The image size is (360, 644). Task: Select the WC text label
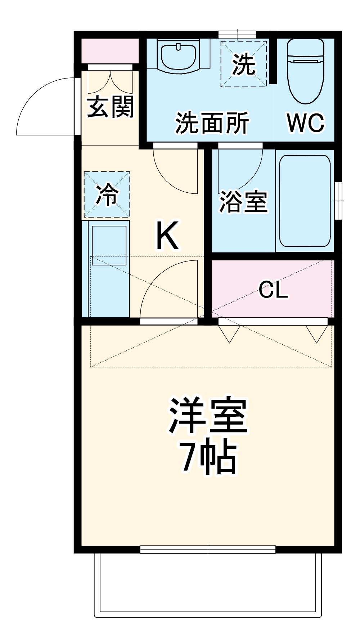pyautogui.click(x=306, y=123)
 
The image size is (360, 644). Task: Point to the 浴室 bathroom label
pyautogui.click(x=243, y=202)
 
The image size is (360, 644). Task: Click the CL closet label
pyautogui.click(x=274, y=290)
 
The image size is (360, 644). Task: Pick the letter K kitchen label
pyautogui.click(x=167, y=236)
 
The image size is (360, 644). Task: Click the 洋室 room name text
pyautogui.click(x=208, y=416)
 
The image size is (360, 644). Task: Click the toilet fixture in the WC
pyautogui.click(x=306, y=70)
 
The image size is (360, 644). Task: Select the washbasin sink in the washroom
pyautogui.click(x=179, y=57)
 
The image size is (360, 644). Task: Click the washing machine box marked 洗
pyautogui.click(x=244, y=64)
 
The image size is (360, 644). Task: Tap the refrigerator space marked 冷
pyautogui.click(x=107, y=194)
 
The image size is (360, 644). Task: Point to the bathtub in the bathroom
pyautogui.click(x=305, y=201)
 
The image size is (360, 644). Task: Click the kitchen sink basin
pyautogui.click(x=109, y=245)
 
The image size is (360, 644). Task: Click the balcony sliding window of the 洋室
pyautogui.click(x=208, y=549)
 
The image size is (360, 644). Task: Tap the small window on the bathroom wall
pyautogui.click(x=338, y=201)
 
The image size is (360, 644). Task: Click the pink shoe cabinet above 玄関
pyautogui.click(x=110, y=51)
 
